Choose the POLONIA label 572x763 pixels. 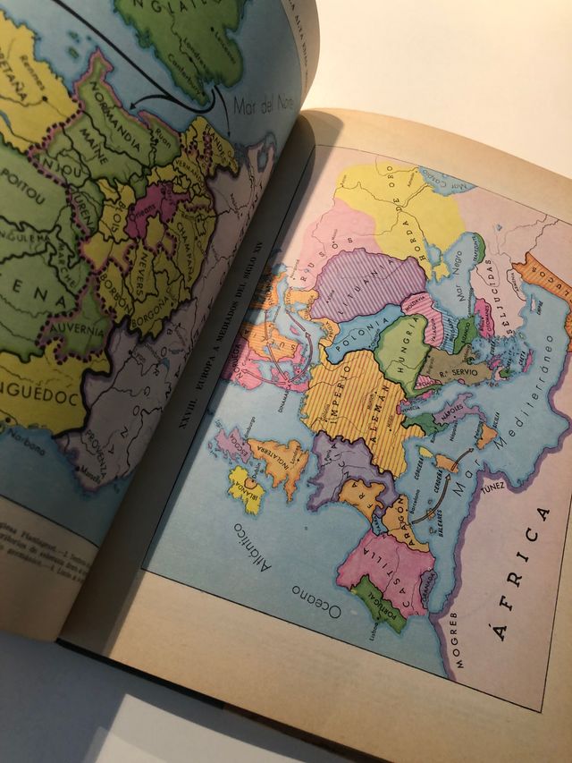(x=359, y=321)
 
